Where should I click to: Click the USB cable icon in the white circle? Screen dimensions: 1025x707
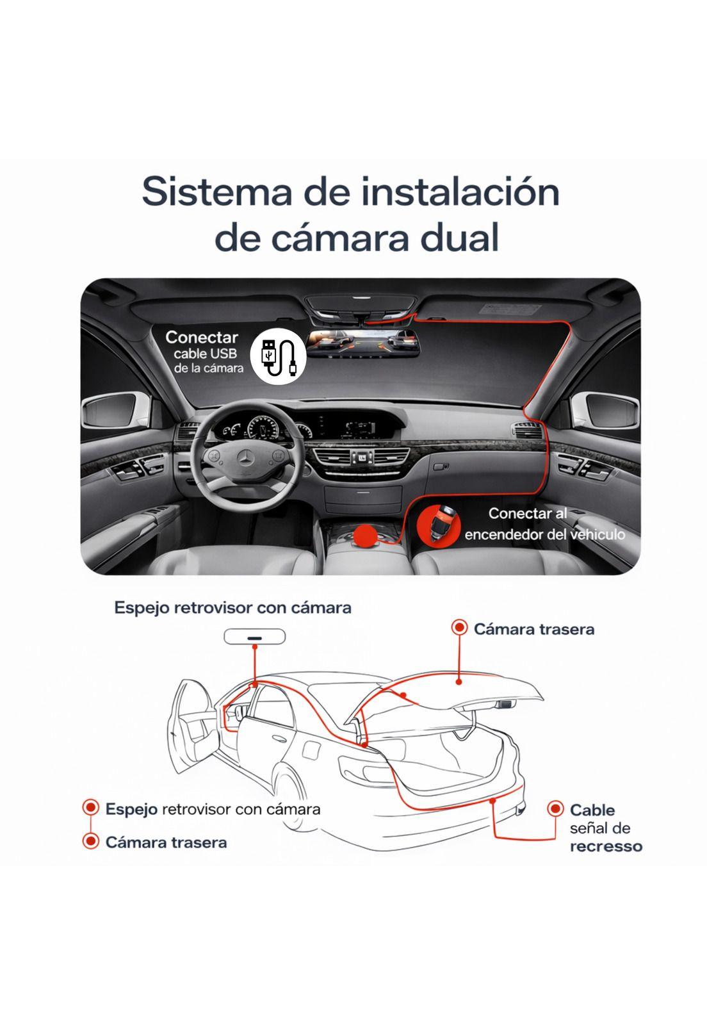(x=278, y=356)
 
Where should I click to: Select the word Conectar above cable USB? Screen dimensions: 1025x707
(x=202, y=337)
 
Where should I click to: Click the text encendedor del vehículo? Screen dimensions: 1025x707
(x=544, y=534)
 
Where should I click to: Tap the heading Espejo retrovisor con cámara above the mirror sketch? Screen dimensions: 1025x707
(x=232, y=607)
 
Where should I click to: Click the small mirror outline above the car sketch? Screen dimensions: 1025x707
(x=255, y=637)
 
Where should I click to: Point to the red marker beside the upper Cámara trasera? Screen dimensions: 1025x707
(x=459, y=628)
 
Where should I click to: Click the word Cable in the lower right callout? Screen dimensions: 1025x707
(x=592, y=810)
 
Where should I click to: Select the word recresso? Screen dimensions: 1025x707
(x=606, y=846)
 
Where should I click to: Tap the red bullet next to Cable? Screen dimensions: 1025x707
(x=555, y=809)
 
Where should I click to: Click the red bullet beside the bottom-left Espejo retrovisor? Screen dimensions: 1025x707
(x=91, y=808)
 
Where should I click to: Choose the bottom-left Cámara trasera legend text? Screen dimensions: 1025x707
(x=166, y=842)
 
